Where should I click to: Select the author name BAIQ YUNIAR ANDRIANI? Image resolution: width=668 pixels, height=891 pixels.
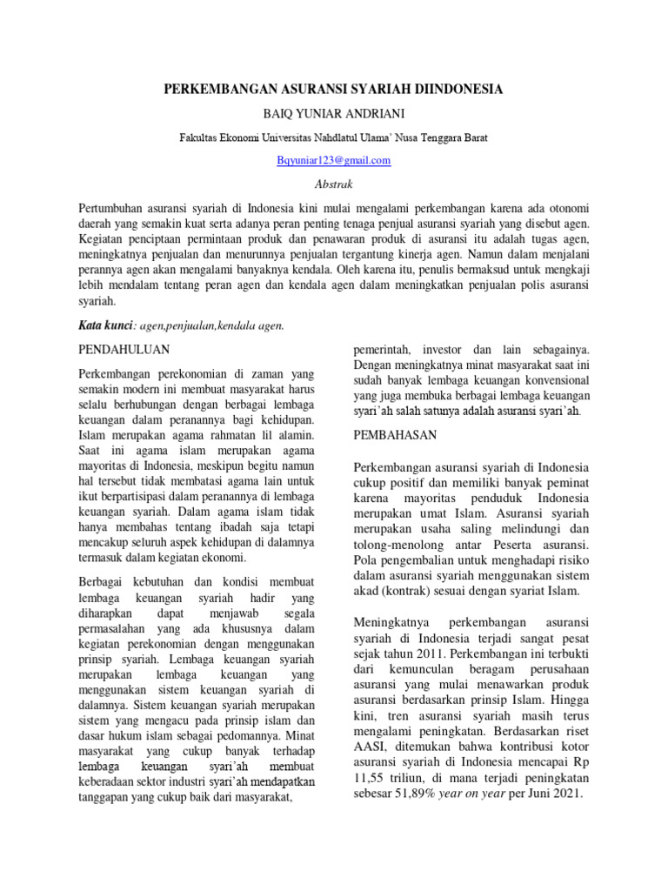(x=334, y=114)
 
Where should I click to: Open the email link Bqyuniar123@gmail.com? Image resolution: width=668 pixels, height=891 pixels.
(x=334, y=160)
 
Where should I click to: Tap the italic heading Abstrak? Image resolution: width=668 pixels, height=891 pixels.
(x=334, y=184)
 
